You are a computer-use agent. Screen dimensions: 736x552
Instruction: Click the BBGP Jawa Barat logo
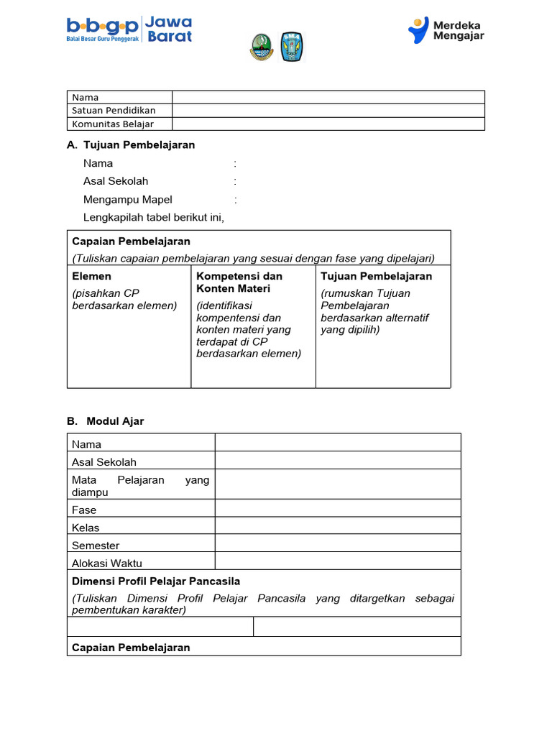pos(129,29)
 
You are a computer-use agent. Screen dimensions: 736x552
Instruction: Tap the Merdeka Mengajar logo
pos(446,30)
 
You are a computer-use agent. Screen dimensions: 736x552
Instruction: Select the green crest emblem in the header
pos(261,47)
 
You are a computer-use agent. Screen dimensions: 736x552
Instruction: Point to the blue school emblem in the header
pos(291,47)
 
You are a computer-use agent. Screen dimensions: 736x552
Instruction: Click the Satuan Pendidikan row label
pos(114,111)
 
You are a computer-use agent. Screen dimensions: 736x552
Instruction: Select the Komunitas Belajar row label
pos(113,124)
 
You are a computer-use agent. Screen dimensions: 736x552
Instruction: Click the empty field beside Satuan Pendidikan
pos(328,111)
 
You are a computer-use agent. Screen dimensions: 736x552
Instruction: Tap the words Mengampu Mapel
pos(128,200)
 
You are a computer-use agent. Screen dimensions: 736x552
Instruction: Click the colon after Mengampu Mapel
pos(235,200)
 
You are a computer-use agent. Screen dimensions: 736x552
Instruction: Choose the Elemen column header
pos(92,276)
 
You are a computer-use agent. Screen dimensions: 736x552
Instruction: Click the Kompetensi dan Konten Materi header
pos(239,282)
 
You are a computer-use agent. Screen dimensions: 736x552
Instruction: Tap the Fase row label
pos(84,510)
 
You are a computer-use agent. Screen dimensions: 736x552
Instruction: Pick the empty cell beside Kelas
pos(338,528)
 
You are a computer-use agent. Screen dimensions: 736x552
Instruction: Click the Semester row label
pos(96,546)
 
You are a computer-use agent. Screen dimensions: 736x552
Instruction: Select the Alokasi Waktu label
pos(107,563)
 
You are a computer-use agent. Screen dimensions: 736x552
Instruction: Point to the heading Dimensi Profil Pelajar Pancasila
pos(156,581)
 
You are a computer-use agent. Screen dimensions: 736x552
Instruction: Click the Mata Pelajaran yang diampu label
pos(140,486)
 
